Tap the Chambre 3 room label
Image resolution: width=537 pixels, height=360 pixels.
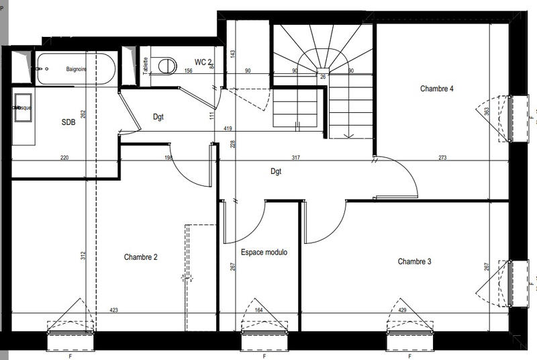[414, 261]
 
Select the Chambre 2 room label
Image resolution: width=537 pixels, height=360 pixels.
[140, 257]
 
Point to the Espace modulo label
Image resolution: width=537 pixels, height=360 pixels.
[264, 253]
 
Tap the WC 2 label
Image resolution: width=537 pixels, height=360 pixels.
[203, 62]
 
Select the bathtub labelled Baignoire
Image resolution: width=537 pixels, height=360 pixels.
[74, 69]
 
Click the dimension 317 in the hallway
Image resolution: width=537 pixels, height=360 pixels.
[295, 159]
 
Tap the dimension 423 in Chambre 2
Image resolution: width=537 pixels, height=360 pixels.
[114, 310]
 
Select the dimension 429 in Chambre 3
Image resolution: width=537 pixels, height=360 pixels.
[402, 310]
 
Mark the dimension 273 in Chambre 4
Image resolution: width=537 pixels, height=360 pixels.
[443, 159]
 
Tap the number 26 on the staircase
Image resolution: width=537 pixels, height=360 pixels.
[323, 77]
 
